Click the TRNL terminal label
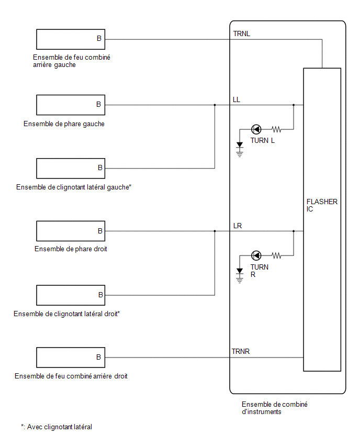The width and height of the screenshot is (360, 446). (x=241, y=34)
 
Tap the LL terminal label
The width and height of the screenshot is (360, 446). (x=237, y=99)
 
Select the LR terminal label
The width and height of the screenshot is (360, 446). (x=238, y=226)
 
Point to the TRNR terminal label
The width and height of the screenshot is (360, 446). (x=241, y=352)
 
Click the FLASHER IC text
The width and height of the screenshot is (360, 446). (x=322, y=205)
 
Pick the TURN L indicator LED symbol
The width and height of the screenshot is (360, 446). (x=256, y=129)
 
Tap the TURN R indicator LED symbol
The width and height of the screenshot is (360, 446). (x=256, y=255)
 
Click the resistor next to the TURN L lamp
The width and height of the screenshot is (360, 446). (x=276, y=129)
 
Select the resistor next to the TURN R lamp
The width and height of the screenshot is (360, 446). (x=276, y=255)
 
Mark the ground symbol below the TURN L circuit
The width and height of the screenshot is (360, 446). (x=240, y=150)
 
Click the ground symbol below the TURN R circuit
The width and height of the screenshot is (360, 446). (x=240, y=276)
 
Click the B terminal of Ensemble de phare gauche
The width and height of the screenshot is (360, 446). (x=99, y=104)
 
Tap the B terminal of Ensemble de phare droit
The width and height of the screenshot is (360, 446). (x=100, y=231)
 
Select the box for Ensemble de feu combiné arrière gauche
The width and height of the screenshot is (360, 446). (x=71, y=39)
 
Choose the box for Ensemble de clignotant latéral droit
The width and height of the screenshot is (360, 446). (x=71, y=295)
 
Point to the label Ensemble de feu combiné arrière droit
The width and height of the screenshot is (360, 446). (x=71, y=376)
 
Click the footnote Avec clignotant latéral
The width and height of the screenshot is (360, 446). (x=60, y=427)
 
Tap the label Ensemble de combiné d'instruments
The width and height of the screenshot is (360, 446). (x=275, y=408)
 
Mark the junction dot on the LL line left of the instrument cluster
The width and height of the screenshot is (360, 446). (x=215, y=105)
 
